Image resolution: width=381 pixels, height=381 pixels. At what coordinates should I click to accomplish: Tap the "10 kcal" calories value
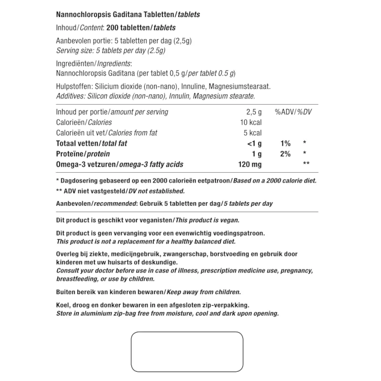251,122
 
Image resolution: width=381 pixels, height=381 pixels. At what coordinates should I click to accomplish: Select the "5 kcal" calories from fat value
252,133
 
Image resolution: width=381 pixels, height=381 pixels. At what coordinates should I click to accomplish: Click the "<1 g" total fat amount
254,144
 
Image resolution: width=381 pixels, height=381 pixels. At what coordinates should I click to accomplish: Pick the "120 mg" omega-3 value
250,164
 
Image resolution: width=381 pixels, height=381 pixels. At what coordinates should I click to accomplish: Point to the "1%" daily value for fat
285,144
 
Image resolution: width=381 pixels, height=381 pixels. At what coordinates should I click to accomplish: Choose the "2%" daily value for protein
285,154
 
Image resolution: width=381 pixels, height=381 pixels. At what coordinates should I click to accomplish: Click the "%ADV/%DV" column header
293,112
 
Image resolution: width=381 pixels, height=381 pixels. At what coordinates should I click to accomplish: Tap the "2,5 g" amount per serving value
254,112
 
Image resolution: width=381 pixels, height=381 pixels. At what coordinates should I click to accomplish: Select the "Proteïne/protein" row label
83,154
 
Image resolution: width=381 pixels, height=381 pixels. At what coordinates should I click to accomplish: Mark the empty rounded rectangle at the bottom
187,352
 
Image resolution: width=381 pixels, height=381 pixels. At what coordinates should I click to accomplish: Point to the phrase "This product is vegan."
207,220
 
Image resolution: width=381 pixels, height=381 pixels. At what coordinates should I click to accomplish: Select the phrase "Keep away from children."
204,292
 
